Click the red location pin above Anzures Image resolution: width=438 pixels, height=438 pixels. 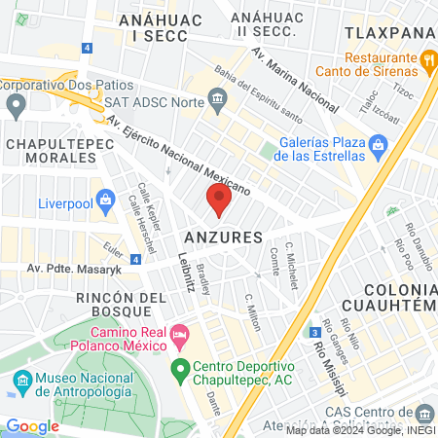pos(219,201)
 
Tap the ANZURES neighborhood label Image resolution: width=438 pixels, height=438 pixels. pos(223,237)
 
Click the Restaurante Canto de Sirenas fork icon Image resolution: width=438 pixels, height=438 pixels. pos(428,59)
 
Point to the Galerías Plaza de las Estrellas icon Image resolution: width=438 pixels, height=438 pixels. pos(381,145)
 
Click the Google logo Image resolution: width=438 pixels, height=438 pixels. pos(32,425)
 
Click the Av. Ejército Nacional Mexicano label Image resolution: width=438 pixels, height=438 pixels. pos(181,155)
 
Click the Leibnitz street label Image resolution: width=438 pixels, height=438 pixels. pos(187,272)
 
